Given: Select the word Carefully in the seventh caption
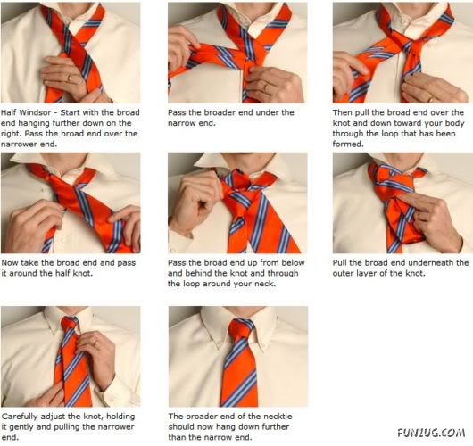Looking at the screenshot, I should coord(20,416).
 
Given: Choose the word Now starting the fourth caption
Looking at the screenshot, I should coord(10,262).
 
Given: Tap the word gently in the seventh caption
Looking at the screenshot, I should coord(19,426).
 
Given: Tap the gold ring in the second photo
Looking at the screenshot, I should coord(265,87).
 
